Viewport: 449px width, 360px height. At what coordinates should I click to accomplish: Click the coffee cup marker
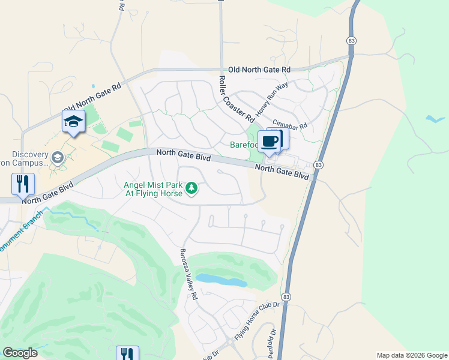(270, 142)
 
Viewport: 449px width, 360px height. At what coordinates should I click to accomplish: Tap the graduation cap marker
(73, 122)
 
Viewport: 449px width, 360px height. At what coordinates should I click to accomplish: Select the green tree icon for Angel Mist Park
(191, 189)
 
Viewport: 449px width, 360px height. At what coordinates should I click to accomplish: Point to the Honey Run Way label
(272, 99)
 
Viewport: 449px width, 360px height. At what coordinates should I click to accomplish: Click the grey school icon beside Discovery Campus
(58, 158)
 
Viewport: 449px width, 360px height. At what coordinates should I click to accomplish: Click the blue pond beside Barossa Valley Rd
(221, 280)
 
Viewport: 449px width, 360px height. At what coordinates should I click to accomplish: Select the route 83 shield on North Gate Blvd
(318, 165)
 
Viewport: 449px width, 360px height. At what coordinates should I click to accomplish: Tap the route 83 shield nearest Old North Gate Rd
(351, 40)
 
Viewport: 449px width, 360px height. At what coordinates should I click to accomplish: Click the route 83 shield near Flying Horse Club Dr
(286, 297)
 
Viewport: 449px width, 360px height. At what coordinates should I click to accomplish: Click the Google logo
(20, 353)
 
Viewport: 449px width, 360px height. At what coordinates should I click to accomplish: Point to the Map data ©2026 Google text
(411, 355)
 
